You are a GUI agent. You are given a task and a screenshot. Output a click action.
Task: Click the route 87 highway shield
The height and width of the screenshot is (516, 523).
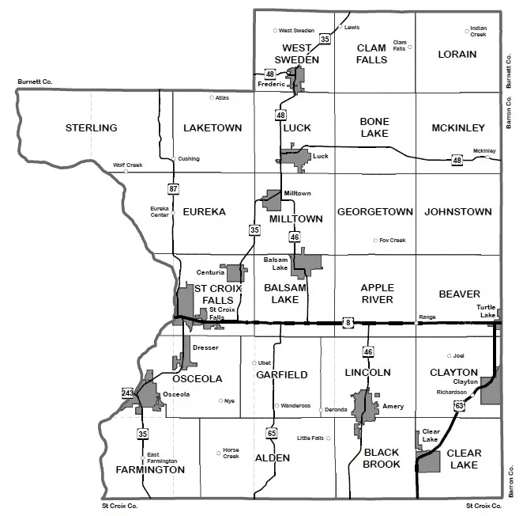pos(172,188)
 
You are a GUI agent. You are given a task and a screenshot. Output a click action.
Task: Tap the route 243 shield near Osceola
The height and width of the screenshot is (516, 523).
pos(128,393)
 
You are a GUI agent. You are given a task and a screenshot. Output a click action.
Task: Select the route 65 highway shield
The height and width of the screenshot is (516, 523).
pos(272,433)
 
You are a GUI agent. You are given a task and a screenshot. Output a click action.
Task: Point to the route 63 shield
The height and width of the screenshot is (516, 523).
pos(459,405)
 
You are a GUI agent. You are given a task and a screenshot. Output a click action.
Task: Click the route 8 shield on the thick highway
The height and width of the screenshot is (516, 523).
pos(348,322)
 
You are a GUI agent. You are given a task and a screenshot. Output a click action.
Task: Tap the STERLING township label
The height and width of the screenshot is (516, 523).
pos(91,128)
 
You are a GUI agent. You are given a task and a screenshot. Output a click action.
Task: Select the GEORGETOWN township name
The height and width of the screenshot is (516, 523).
pos(375,212)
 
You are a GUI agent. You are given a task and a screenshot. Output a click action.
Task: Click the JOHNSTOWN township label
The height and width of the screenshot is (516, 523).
pos(458,212)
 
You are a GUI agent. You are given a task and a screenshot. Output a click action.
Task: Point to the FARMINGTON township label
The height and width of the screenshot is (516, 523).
pos(150,469)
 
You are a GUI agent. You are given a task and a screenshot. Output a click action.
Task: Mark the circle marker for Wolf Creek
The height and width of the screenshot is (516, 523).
pos(126,171)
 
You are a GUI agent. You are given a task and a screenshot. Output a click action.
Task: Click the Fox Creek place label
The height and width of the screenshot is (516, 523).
pos(392,240)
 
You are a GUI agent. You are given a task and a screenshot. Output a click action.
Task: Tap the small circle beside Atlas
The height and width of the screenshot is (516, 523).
pos(212,98)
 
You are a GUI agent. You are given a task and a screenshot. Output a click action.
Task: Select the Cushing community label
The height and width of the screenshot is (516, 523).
pos(190,159)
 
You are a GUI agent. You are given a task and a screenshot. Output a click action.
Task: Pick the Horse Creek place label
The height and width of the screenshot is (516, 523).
pos(231,453)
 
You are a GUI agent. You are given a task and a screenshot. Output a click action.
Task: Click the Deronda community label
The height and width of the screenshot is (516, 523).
pos(336,410)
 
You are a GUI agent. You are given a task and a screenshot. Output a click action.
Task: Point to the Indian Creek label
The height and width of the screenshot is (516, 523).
pos(479,31)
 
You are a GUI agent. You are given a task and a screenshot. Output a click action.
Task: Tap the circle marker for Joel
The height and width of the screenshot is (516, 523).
pos(450,355)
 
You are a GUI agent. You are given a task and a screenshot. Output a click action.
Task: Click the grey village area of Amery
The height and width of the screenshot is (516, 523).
pos(364,408)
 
